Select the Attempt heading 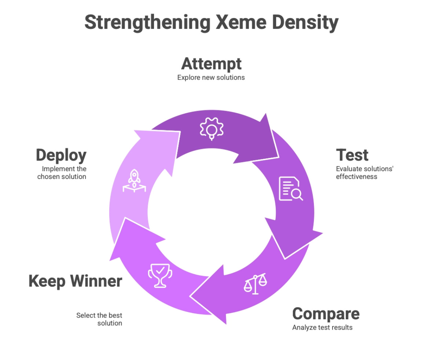tap(212, 64)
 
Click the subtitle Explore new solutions tap(211, 77)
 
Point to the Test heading tap(352, 155)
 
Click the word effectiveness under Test tap(356, 176)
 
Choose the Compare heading tap(326, 314)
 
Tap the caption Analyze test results tap(322, 327)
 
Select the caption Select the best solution tap(100, 319)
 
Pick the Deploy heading tap(61, 155)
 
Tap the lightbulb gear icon tap(212, 129)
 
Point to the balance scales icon tap(256, 283)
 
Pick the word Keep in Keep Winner tap(47, 281)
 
